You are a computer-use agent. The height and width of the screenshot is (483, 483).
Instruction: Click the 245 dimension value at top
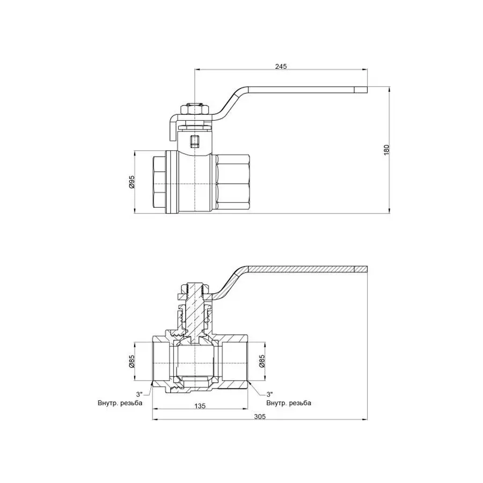click(x=281, y=66)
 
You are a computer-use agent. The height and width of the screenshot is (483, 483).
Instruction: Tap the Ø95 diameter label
click(x=131, y=182)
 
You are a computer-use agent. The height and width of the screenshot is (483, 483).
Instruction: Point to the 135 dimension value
click(x=200, y=406)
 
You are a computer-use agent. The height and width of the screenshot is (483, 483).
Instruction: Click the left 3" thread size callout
click(x=140, y=394)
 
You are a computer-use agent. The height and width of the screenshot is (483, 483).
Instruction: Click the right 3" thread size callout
click(x=270, y=394)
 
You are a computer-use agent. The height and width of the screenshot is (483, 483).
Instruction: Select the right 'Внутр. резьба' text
click(x=288, y=402)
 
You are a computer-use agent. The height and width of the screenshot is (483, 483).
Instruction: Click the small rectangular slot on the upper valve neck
click(x=195, y=142)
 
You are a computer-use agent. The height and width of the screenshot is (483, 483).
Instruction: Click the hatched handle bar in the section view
click(x=306, y=268)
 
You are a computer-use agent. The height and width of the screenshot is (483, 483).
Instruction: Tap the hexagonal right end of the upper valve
click(x=232, y=182)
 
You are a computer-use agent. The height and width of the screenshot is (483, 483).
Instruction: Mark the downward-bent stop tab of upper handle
click(x=173, y=129)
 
